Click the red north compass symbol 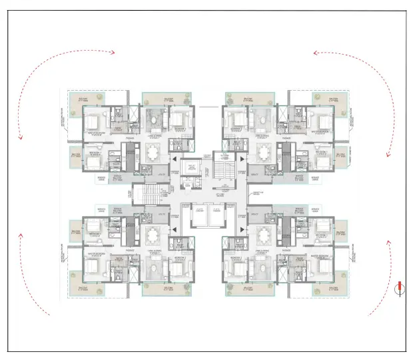pyautogui.click(x=399, y=288)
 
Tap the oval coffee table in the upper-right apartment pyautogui.click(x=260, y=123)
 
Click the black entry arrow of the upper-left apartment pyautogui.click(x=173, y=160)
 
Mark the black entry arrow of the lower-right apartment pyautogui.click(x=240, y=228)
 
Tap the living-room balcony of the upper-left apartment pyautogui.click(x=166, y=99)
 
